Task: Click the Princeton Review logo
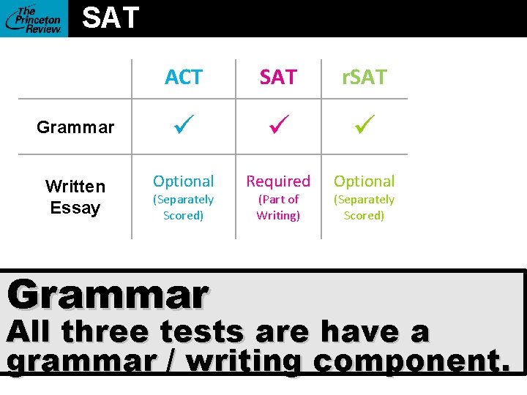point(34,18)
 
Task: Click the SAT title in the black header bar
point(111,18)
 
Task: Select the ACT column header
point(184,78)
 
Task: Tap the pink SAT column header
point(278,78)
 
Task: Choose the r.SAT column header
point(364,78)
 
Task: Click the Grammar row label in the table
point(75,127)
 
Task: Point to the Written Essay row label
point(75,197)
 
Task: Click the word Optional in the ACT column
point(184,181)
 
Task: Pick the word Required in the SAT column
point(278,181)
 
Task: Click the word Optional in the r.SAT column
point(364,181)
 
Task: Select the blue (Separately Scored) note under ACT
point(184,207)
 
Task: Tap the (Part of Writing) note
point(278,207)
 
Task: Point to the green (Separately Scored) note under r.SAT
point(364,207)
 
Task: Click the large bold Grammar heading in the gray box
point(108,295)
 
